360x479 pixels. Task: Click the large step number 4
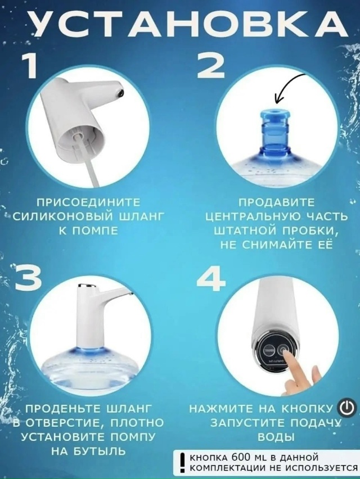212,275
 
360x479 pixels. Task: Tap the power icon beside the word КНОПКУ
346,406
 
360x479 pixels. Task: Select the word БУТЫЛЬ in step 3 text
102,451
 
